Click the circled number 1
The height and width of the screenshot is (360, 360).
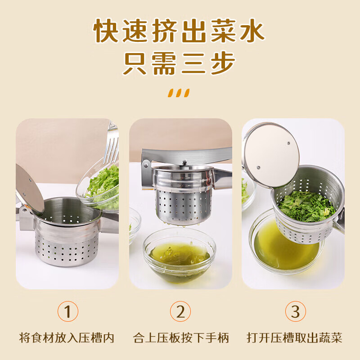pyautogui.click(x=67, y=311)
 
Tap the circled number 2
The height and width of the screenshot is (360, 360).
pyautogui.click(x=180, y=311)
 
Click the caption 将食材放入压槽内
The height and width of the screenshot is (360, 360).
pyautogui.click(x=67, y=337)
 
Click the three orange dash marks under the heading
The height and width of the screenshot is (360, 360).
pyautogui.click(x=179, y=93)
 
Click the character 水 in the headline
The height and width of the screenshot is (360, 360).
pyautogui.click(x=250, y=31)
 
